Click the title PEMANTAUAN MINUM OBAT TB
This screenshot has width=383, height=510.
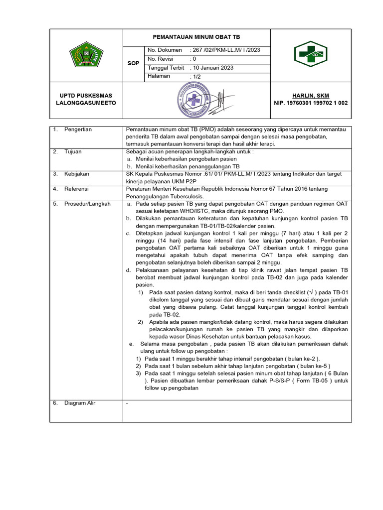coord(196,37)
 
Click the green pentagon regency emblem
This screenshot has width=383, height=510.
coord(86,55)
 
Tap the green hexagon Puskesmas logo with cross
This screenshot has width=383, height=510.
coord(310,53)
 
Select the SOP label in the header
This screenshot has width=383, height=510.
coord(133,63)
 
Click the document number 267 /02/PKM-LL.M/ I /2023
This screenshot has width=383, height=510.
coord(225,50)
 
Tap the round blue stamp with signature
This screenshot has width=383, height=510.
coord(197,100)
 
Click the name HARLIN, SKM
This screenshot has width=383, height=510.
coord(311,96)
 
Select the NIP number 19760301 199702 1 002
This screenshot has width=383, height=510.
coord(311,103)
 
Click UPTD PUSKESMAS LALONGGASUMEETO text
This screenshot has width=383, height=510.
coord(86,99)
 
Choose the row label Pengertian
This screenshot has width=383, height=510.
coord(78,129)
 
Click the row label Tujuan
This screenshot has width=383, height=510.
coord(73,151)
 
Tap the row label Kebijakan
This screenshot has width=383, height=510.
coord(76,174)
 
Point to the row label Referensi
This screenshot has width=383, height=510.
coord(77,189)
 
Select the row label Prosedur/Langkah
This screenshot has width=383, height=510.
coord(87,204)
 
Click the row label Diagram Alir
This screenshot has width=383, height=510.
coord(79,403)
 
